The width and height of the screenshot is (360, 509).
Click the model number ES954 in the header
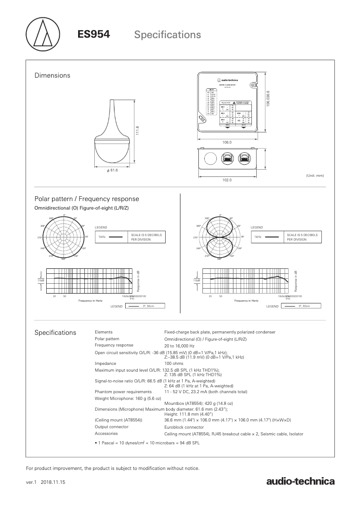coord(94,34)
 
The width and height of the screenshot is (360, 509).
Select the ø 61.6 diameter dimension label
coord(112,170)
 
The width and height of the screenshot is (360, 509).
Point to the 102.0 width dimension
coord(227,180)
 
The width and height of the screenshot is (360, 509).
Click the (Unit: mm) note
coord(314,176)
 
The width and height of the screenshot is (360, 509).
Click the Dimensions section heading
coord(53,75)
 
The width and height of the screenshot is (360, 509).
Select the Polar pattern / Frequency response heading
coord(87,199)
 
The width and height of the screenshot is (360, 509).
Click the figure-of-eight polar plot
coord(220,237)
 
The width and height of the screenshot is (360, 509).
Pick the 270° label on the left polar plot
coord(40,237)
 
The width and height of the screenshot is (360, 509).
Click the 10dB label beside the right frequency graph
coord(197,280)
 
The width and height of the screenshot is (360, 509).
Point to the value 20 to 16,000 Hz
coord(180,346)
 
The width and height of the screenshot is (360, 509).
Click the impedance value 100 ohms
coord(174,364)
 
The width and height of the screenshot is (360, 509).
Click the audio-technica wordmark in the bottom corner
coord(300,482)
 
